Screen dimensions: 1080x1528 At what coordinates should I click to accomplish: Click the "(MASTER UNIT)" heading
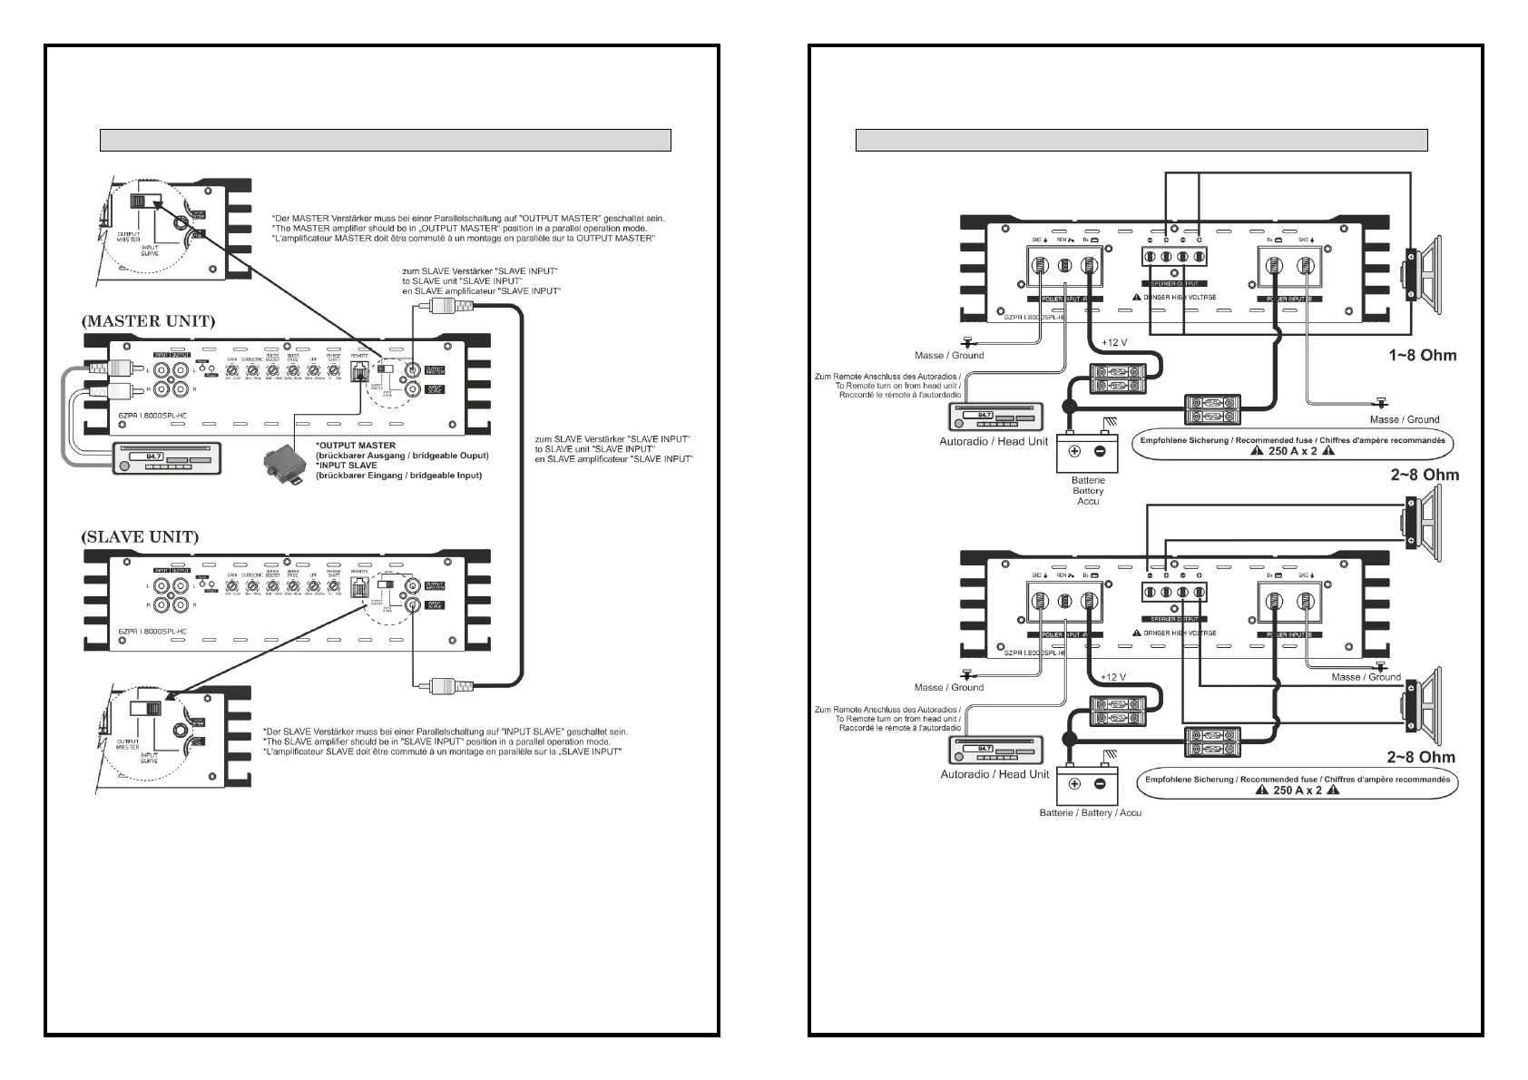[x=148, y=321]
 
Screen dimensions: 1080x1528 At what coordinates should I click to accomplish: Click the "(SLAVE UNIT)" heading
[x=140, y=536]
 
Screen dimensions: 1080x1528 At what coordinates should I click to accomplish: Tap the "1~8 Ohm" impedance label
[x=1422, y=355]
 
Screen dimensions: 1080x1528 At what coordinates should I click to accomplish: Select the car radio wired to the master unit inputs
[x=167, y=457]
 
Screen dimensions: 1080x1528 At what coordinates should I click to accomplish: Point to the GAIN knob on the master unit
[x=232, y=369]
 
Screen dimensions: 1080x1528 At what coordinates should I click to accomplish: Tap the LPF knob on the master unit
[x=313, y=369]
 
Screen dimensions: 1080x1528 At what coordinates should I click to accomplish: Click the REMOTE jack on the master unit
[x=359, y=370]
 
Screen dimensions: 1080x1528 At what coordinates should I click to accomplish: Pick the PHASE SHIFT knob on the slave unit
[x=334, y=587]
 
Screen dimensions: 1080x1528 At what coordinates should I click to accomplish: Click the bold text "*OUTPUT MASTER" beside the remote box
[x=356, y=446]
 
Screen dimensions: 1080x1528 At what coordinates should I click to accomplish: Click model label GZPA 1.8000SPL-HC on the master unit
[x=152, y=416]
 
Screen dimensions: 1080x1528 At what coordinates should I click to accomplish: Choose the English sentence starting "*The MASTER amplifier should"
[x=459, y=228]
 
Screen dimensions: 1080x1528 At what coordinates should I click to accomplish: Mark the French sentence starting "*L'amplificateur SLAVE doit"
[x=441, y=751]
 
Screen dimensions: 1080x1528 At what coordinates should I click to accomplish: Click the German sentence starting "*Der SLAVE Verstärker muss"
[x=445, y=731]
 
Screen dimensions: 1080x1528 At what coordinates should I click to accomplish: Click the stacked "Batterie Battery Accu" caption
[x=1088, y=490]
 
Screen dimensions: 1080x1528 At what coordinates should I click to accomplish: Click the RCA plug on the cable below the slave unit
[x=450, y=685]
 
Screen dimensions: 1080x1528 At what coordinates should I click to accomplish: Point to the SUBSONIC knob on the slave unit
[x=251, y=587]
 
